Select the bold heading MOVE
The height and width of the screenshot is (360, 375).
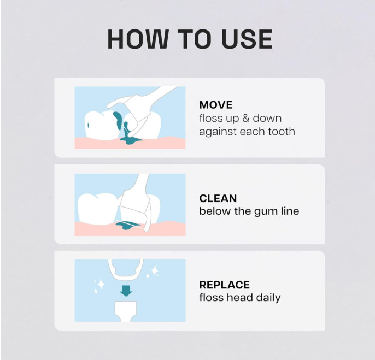[215, 104]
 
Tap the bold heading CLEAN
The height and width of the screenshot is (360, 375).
[218, 198]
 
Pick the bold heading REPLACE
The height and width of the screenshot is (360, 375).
[224, 285]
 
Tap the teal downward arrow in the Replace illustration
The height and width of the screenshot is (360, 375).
[126, 290]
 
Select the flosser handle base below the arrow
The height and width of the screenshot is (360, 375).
[126, 312]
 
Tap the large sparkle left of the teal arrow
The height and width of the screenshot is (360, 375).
[99, 285]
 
